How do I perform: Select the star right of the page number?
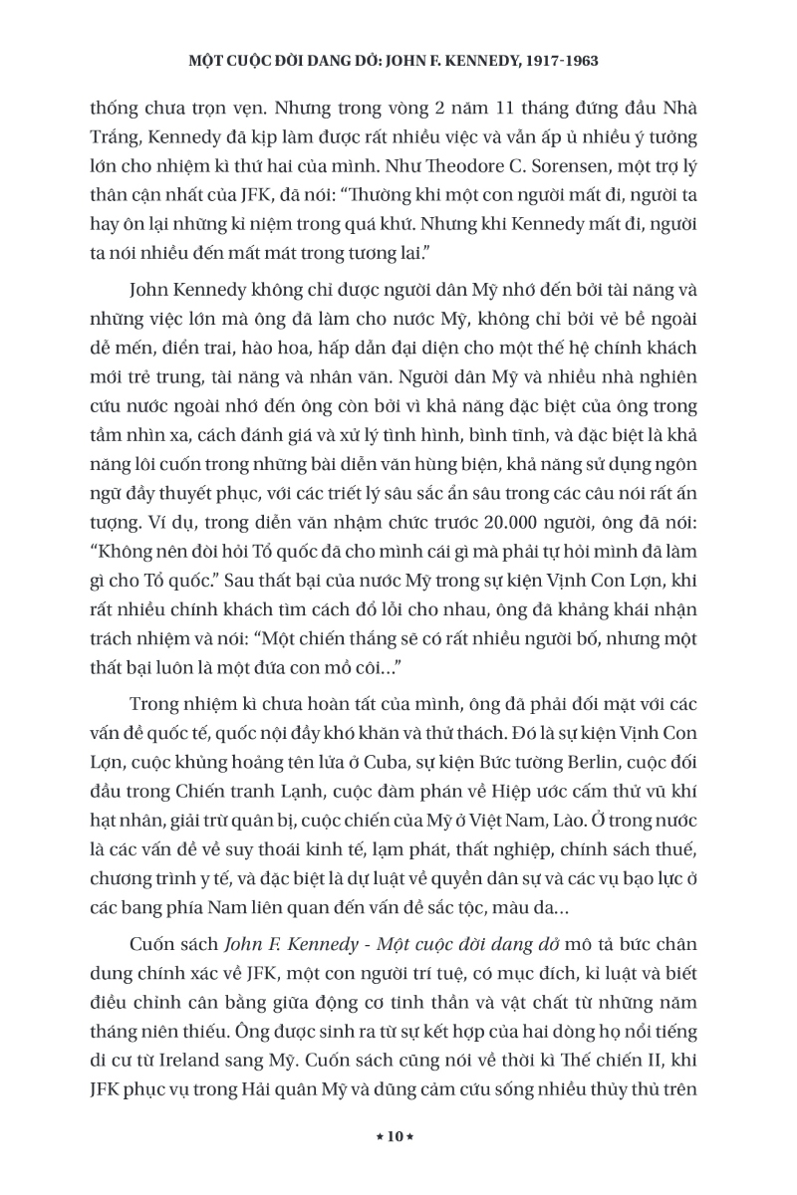(x=416, y=1137)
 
